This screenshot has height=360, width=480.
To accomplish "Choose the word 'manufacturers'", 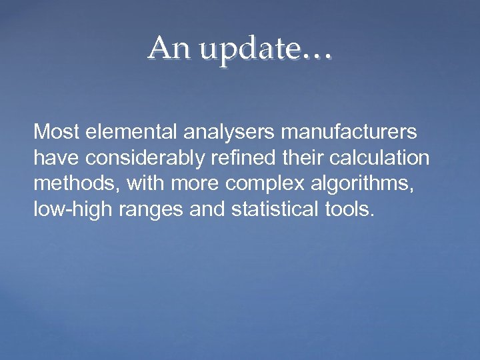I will click(x=349, y=133).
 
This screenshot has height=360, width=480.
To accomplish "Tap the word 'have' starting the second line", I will click(x=54, y=159).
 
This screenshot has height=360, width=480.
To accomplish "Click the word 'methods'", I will click(x=69, y=185).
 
